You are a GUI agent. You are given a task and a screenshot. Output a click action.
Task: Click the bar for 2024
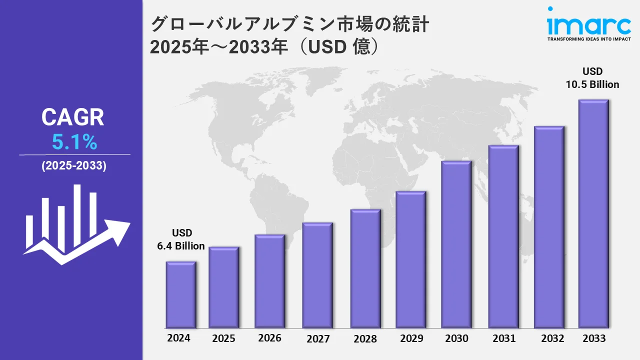(181, 294)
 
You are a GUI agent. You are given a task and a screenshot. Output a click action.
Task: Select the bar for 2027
(317, 275)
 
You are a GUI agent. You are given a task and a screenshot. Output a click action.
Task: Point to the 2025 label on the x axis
(223, 338)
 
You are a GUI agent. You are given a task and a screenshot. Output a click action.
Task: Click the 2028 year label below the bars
(365, 339)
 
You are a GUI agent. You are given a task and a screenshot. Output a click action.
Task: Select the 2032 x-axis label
(552, 338)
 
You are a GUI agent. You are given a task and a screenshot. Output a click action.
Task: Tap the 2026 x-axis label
(269, 338)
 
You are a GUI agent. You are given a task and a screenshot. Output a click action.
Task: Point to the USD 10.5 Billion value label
(592, 78)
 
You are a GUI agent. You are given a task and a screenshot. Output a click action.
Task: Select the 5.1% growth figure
(74, 143)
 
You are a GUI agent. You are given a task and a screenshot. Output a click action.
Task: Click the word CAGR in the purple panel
(73, 117)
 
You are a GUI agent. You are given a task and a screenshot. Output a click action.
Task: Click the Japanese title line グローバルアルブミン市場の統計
(290, 24)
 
